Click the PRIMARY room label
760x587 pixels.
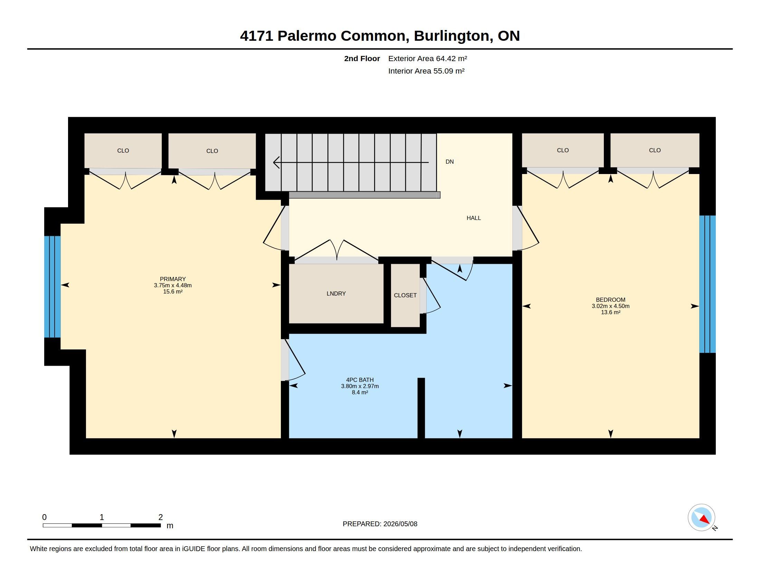173,279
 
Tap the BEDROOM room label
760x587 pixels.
610,300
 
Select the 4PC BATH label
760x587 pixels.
360,380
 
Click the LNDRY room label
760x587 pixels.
336,293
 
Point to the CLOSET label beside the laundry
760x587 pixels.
405,295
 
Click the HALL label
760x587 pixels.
474,218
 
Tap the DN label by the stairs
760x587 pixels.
449,162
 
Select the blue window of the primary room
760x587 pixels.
52,287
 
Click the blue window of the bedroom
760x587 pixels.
707,284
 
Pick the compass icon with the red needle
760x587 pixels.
701,518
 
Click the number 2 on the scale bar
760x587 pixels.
160,517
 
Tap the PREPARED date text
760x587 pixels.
380,524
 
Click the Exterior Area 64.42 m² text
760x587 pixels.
428,58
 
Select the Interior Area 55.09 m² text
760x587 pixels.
426,71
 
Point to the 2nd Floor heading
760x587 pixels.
362,58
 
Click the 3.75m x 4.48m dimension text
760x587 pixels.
173,285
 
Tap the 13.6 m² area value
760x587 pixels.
611,312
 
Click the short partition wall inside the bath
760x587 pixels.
421,408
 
